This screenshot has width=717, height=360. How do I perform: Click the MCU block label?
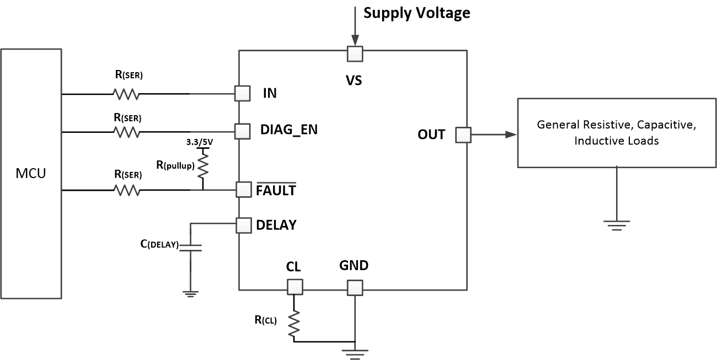click(x=31, y=174)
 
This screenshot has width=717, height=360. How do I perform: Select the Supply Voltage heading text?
click(x=416, y=13)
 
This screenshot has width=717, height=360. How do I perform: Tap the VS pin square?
click(x=354, y=53)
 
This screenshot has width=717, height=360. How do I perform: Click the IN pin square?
click(x=242, y=93)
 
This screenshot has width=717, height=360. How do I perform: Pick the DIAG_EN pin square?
click(x=242, y=131)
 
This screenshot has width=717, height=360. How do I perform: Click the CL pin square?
click(x=295, y=286)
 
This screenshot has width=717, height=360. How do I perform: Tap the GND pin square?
click(x=355, y=287)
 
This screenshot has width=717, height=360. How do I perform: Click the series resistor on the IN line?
click(x=126, y=94)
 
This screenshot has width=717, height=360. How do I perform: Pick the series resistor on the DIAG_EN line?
click(x=126, y=132)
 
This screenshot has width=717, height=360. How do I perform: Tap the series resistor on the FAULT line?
click(x=126, y=190)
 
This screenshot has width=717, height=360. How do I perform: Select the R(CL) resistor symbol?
click(x=293, y=324)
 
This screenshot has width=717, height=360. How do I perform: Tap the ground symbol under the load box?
click(x=617, y=224)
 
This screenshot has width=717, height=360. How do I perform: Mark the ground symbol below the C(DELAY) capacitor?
click(x=191, y=294)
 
